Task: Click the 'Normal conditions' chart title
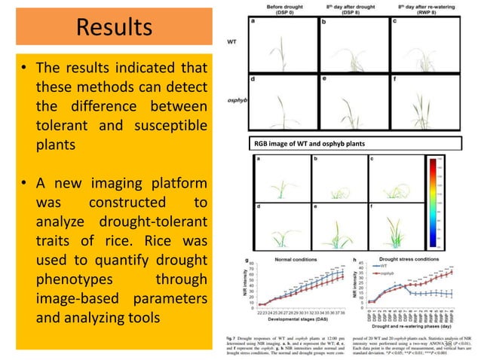coord(296,258)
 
